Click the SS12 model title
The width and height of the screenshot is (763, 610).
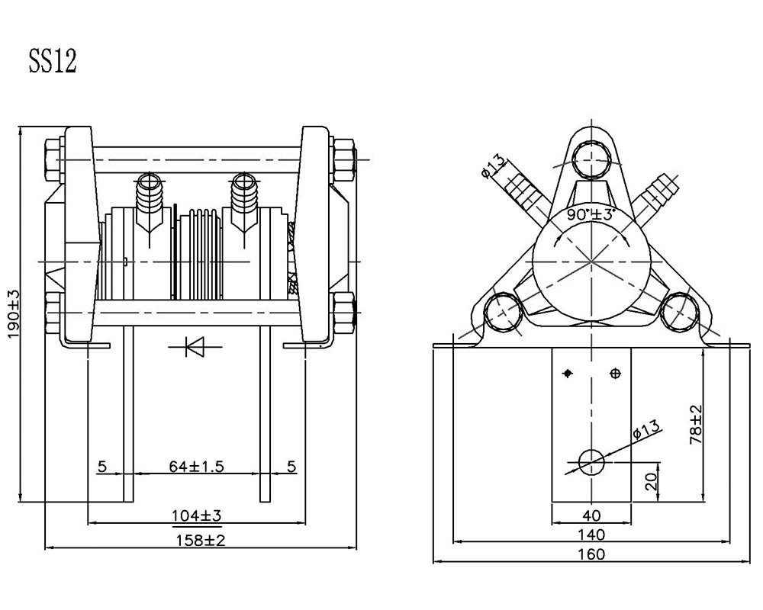(x=53, y=61)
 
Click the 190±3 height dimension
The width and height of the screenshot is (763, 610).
(x=14, y=313)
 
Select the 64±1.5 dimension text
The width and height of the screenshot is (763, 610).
(x=197, y=467)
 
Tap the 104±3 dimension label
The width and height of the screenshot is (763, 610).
(x=197, y=515)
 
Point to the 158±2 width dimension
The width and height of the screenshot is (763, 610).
(x=201, y=540)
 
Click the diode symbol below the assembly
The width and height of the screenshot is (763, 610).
(x=195, y=347)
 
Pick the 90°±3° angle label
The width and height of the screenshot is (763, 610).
(x=591, y=214)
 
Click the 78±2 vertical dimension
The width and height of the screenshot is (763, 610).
(x=697, y=424)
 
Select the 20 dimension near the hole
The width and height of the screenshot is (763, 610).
(x=651, y=482)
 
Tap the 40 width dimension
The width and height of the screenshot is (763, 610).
(x=591, y=515)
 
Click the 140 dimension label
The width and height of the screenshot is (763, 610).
(x=591, y=535)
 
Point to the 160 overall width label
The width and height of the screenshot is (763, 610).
(x=591, y=554)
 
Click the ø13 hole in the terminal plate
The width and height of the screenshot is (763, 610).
(x=591, y=461)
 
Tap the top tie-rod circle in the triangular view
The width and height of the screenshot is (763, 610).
(x=591, y=159)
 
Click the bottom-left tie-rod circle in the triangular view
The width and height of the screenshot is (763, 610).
(x=503, y=313)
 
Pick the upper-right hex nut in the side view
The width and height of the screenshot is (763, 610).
(x=344, y=159)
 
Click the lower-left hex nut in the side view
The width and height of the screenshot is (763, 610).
(x=53, y=313)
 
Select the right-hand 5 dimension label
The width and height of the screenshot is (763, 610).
(x=291, y=467)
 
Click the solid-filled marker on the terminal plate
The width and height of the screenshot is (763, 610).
(x=568, y=374)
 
